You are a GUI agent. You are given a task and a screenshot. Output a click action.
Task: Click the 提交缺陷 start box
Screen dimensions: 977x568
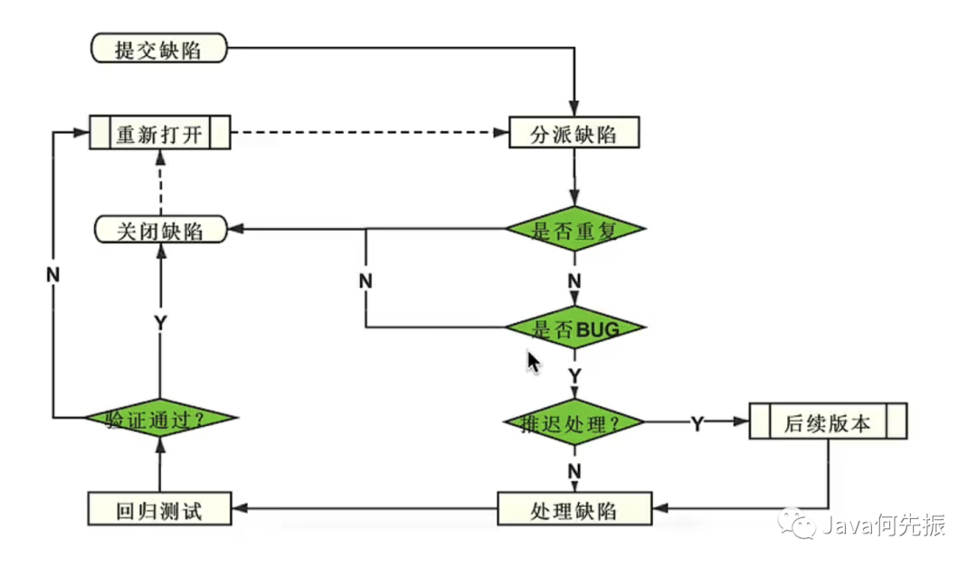click(x=159, y=48)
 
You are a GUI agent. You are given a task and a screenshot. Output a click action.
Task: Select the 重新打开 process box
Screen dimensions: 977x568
click(x=160, y=132)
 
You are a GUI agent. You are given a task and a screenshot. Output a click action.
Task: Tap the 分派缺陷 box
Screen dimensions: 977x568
click(x=574, y=132)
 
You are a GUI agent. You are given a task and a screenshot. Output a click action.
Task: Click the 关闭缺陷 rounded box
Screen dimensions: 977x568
click(x=161, y=230)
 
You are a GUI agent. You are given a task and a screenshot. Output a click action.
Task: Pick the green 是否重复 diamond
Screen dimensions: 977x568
click(x=574, y=229)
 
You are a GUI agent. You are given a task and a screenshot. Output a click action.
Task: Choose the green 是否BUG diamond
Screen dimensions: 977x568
click(x=574, y=327)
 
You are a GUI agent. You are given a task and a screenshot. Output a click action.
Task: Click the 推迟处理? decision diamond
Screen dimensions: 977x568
click(x=574, y=422)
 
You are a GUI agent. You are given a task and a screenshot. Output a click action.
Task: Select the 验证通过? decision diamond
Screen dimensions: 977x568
click(x=160, y=418)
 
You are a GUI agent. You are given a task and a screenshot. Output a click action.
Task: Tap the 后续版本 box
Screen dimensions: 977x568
click(x=828, y=421)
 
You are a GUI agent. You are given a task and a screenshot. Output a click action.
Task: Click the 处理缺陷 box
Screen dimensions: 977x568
click(x=574, y=509)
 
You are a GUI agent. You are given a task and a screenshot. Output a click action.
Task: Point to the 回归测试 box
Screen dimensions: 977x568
click(x=159, y=509)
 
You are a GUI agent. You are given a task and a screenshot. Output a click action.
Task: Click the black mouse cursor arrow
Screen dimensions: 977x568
click(x=534, y=363)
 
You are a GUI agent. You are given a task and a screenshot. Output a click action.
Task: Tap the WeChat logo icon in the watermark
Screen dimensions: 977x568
click(x=796, y=523)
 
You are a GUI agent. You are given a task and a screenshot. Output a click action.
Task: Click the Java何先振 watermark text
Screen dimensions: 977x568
click(x=884, y=525)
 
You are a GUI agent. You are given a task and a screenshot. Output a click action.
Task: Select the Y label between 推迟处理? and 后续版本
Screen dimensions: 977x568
click(x=697, y=424)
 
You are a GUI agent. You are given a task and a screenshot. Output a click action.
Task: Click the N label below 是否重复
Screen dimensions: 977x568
click(x=574, y=281)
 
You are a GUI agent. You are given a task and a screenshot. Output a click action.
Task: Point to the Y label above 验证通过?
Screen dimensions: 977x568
click(x=160, y=323)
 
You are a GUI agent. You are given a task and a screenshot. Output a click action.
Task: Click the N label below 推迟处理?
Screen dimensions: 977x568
click(x=574, y=471)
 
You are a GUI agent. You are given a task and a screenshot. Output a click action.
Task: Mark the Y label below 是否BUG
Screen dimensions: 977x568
click(x=574, y=375)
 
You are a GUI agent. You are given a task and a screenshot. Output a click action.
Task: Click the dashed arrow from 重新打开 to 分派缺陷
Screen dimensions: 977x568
click(x=370, y=132)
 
